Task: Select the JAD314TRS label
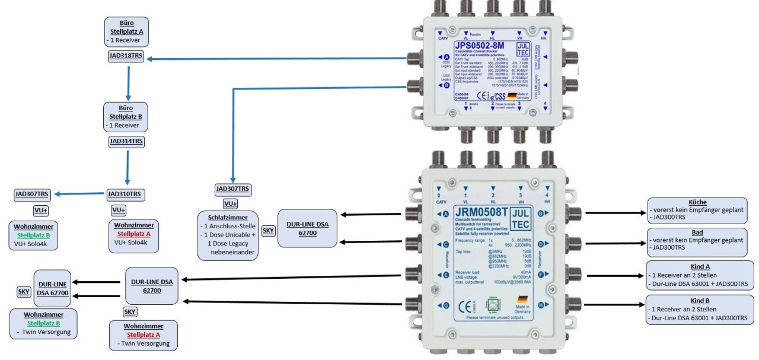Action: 126,142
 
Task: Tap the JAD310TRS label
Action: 126,195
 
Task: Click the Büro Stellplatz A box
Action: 126,31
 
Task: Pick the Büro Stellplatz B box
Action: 126,116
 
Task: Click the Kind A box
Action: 700,275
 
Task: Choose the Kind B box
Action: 700,310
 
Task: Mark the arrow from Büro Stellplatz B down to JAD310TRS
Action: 127,168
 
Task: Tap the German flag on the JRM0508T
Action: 523,299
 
